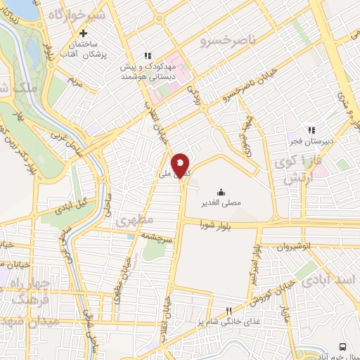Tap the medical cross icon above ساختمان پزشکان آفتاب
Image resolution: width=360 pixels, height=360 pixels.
pos(84,33)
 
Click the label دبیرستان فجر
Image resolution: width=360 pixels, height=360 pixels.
pos(311,141)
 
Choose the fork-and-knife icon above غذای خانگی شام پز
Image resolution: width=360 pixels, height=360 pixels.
pos(228,311)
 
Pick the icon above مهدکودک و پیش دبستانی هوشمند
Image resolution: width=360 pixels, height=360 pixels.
pos(148,56)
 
